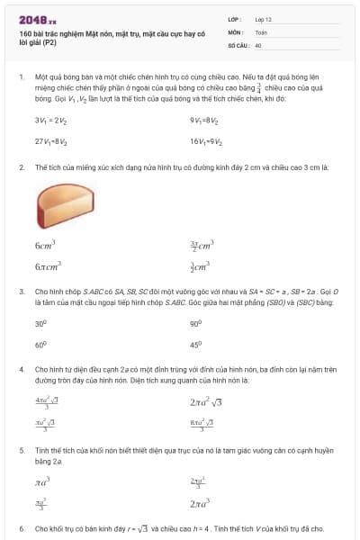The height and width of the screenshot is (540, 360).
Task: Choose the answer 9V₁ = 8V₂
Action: [x=204, y=120]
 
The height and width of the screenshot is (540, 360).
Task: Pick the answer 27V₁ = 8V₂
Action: [x=49, y=141]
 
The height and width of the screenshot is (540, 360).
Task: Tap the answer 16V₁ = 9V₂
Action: [x=206, y=141]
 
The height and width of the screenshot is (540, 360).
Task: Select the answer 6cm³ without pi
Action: [x=45, y=244]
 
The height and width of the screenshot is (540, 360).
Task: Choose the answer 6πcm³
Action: [x=47, y=266]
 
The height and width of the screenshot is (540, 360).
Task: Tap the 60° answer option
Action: [x=40, y=344]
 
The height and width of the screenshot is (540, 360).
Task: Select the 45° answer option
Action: [x=195, y=344]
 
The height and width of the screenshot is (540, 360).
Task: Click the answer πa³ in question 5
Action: [x=42, y=483]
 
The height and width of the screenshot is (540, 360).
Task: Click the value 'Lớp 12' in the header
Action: [x=263, y=19]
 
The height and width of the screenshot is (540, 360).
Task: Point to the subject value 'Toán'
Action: [x=261, y=31]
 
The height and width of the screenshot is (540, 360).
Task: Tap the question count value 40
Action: [x=258, y=44]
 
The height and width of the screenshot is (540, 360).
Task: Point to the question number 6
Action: [x=22, y=528]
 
